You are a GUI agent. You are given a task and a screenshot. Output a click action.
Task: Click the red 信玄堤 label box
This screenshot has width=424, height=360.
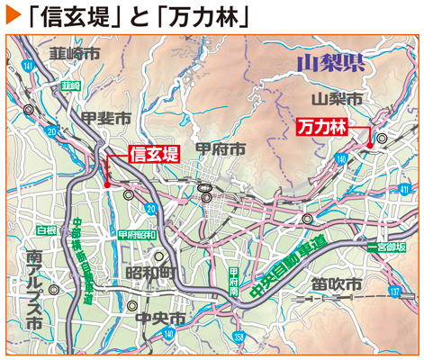click(154, 153)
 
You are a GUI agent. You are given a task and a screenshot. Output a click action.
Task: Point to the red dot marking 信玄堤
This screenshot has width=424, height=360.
click(108, 185)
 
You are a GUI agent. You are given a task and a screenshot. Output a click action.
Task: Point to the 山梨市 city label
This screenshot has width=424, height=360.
click(336, 97)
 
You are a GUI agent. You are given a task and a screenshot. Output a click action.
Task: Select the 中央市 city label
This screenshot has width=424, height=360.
click(158, 319)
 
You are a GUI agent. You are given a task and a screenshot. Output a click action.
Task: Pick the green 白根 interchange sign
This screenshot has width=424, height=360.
click(46, 230)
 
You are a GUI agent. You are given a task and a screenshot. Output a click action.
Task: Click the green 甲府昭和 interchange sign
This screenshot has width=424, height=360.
click(136, 233)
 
